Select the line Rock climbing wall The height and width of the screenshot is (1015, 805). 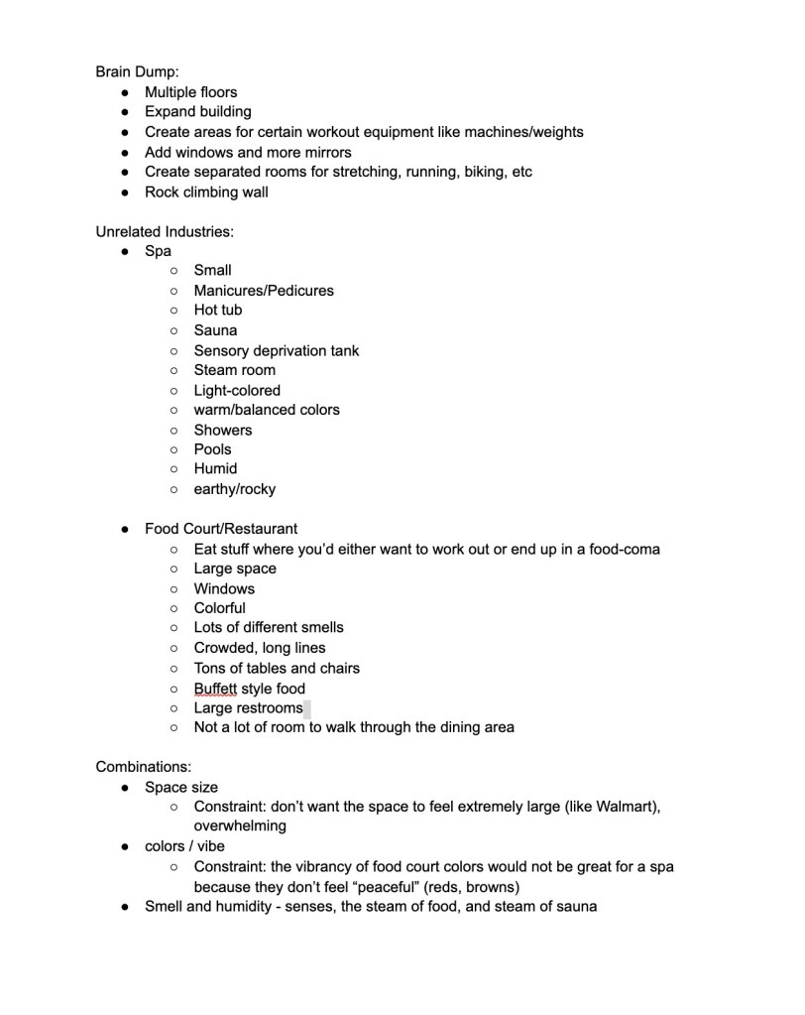pos(206,191)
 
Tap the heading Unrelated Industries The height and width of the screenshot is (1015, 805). pos(165,231)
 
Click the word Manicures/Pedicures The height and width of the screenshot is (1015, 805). pos(264,290)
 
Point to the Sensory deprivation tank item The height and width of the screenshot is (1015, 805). pos(276,350)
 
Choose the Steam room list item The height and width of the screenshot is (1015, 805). pos(235,370)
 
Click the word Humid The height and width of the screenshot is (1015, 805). pos(215,468)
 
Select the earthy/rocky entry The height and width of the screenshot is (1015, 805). pos(235,488)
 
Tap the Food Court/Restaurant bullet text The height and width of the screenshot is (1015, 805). pos(221,529)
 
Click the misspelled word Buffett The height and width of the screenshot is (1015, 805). pos(215,688)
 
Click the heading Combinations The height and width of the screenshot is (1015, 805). pos(144,767)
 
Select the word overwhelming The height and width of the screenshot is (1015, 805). pos(240,825)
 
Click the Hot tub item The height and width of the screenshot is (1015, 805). pos(218,310)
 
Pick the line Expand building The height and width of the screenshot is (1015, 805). pos(198,111)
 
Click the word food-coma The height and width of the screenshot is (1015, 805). pos(625,549)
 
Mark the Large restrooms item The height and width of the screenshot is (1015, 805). pos(248,707)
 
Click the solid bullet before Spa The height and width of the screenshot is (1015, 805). pos(125,251)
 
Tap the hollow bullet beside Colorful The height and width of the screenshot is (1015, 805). pos(174,608)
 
